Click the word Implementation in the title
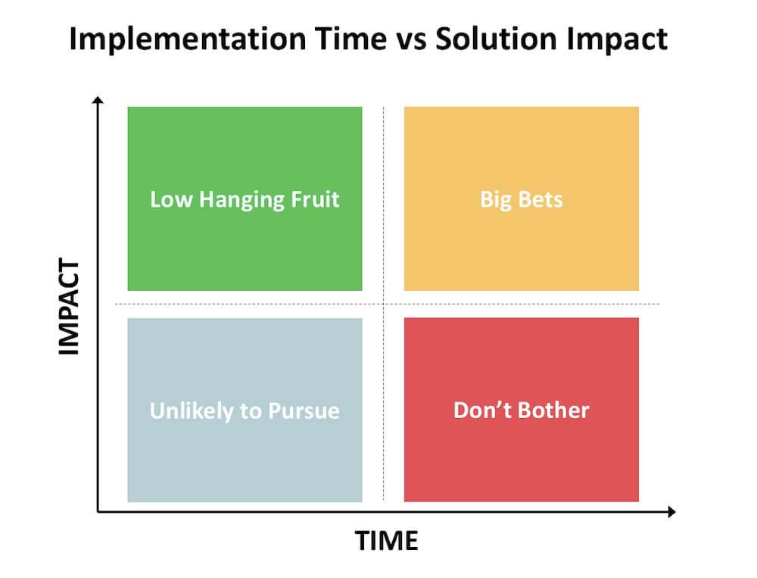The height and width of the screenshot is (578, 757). pyautogui.click(x=188, y=39)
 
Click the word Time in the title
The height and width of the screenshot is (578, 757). pyautogui.click(x=351, y=38)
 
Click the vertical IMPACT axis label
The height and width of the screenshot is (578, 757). pyautogui.click(x=69, y=306)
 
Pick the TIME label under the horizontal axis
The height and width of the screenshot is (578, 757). pyautogui.click(x=386, y=541)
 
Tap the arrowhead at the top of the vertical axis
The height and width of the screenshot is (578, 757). pyautogui.click(x=98, y=99)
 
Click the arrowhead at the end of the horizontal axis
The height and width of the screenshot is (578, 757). pyautogui.click(x=671, y=512)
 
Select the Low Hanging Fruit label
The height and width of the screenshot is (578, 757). pyautogui.click(x=245, y=199)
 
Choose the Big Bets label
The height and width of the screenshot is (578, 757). pyautogui.click(x=522, y=199)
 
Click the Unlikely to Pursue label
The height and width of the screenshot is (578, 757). pyautogui.click(x=245, y=411)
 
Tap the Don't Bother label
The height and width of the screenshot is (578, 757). pyautogui.click(x=522, y=411)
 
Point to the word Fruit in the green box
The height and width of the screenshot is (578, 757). pyautogui.click(x=315, y=199)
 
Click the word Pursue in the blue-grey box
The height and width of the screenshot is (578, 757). pyautogui.click(x=304, y=411)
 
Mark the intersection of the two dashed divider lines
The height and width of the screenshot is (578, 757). pyautogui.click(x=384, y=304)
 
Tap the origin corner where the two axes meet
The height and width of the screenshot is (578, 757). pyautogui.click(x=98, y=511)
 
